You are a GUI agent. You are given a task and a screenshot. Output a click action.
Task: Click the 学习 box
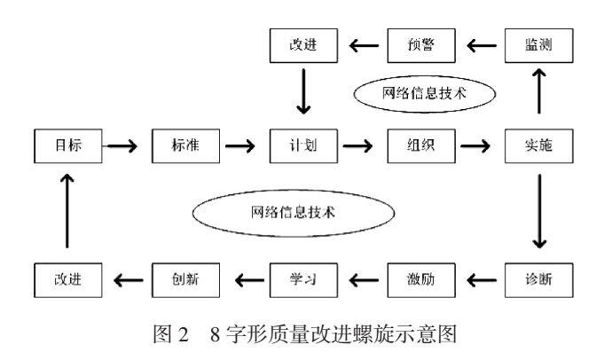point(302,281)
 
